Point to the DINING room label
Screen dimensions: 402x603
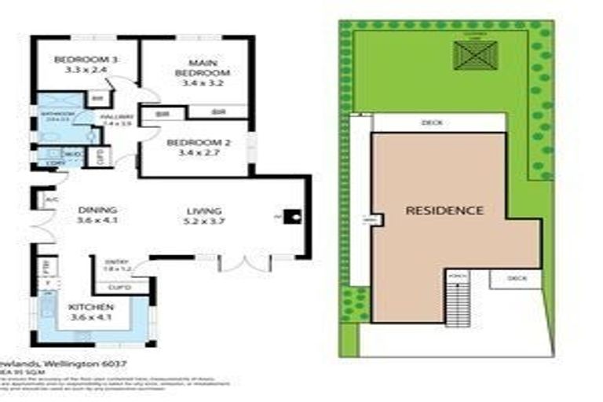(x=97, y=210)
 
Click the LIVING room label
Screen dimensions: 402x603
(x=204, y=211)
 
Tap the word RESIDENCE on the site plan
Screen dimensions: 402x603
(x=444, y=210)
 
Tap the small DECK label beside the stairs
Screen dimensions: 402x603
(x=517, y=278)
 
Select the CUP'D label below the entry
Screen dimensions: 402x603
(x=118, y=287)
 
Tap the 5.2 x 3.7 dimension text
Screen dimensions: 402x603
(x=204, y=222)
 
